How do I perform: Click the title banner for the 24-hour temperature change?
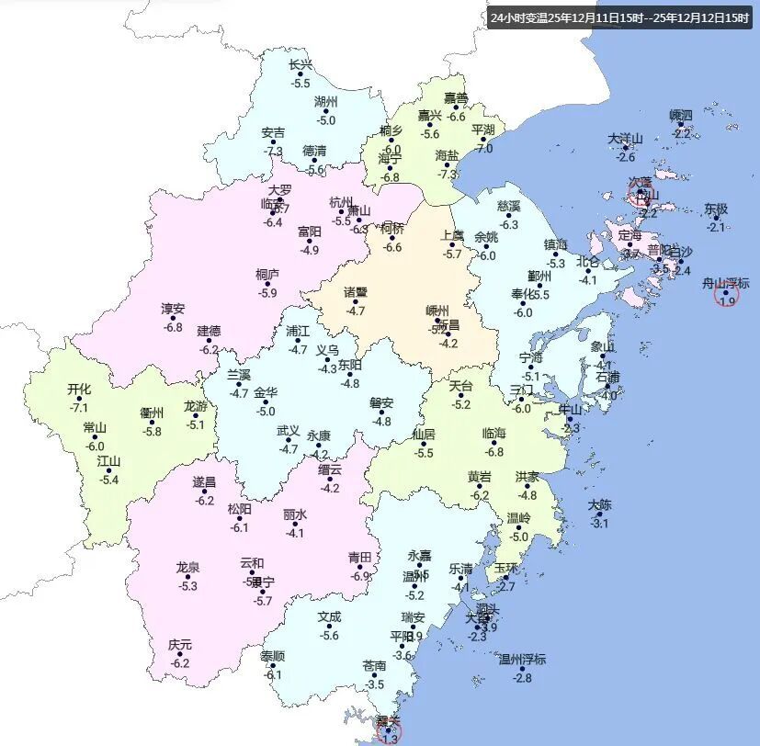pos(618,17)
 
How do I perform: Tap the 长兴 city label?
pos(301,65)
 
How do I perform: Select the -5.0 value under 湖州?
pos(326,119)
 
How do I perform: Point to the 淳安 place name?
pos(173,309)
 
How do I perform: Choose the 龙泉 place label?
pos(187,568)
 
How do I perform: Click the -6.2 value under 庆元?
pos(180,663)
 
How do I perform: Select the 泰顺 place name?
pos(273,657)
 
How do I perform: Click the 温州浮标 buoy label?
pos(522,659)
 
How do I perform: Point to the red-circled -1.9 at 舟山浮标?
pos(727,301)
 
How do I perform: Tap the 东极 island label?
pos(716,209)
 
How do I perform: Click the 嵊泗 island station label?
pos(681,115)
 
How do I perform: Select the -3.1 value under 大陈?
pos(599,524)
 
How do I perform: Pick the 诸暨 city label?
pos(356,293)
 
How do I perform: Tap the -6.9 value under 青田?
pos(359,576)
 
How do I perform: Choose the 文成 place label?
pos(329,617)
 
